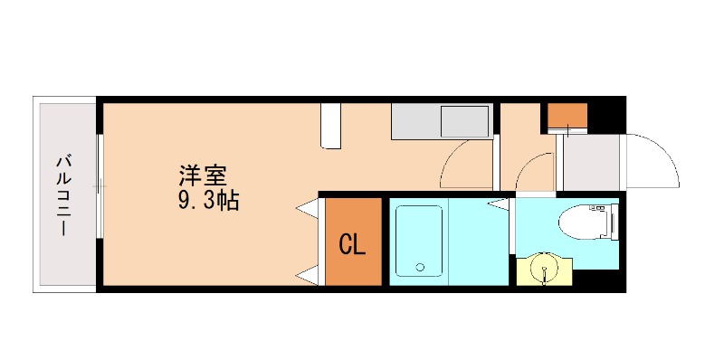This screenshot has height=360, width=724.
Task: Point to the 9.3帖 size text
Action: click(207, 201)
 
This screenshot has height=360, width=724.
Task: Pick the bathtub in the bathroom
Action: click(417, 241)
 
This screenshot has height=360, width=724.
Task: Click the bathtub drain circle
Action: click(419, 267)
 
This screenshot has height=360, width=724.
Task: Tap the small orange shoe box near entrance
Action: click(567, 116)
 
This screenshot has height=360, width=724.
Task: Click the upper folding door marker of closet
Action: click(309, 210)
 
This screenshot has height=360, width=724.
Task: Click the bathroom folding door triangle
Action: click(498, 204)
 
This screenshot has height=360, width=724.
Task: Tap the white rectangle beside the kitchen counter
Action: click(331, 126)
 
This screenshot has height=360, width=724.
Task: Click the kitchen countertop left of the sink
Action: click(413, 121)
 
